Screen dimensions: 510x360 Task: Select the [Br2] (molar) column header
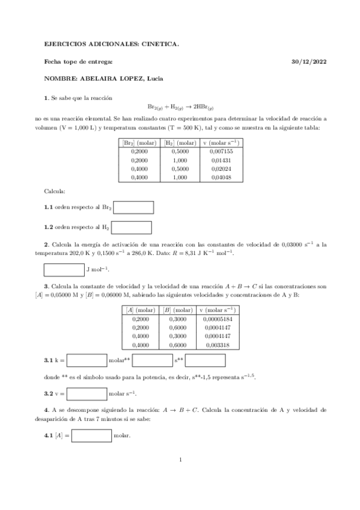click(139, 143)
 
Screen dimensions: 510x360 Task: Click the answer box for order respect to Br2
click(133, 207)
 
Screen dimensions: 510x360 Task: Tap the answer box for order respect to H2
click(132, 227)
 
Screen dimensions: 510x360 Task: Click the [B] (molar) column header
click(178, 310)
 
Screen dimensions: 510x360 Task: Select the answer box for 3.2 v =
click(87, 394)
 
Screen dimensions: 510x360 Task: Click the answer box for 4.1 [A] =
click(91, 434)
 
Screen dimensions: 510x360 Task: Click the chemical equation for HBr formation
click(180, 109)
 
